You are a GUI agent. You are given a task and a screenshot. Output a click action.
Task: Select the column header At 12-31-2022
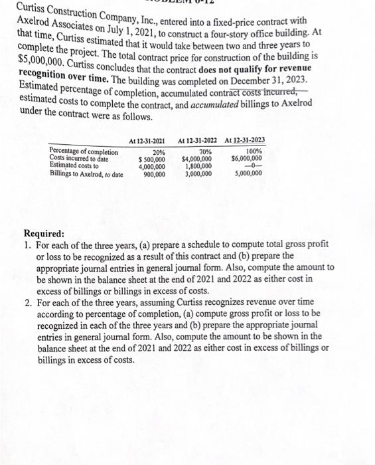[198, 140]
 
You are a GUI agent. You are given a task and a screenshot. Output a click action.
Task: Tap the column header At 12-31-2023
[244, 140]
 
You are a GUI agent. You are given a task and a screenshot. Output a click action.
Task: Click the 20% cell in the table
[158, 152]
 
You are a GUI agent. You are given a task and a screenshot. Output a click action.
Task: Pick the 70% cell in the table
[205, 152]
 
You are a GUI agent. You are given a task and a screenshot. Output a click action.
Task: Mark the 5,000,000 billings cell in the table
[248, 173]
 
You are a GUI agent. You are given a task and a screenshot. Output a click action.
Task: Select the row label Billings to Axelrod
[86, 173]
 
